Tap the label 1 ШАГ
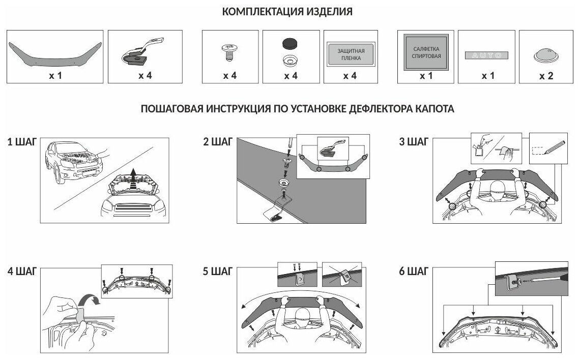pyautogui.click(x=21, y=142)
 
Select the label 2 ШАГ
pyautogui.click(x=217, y=142)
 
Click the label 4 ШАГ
pyautogui.click(x=22, y=271)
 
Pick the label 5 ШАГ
pyautogui.click(x=217, y=271)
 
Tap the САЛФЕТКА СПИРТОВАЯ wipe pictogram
pyautogui.click(x=426, y=52)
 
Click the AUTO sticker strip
pyautogui.click(x=487, y=55)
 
